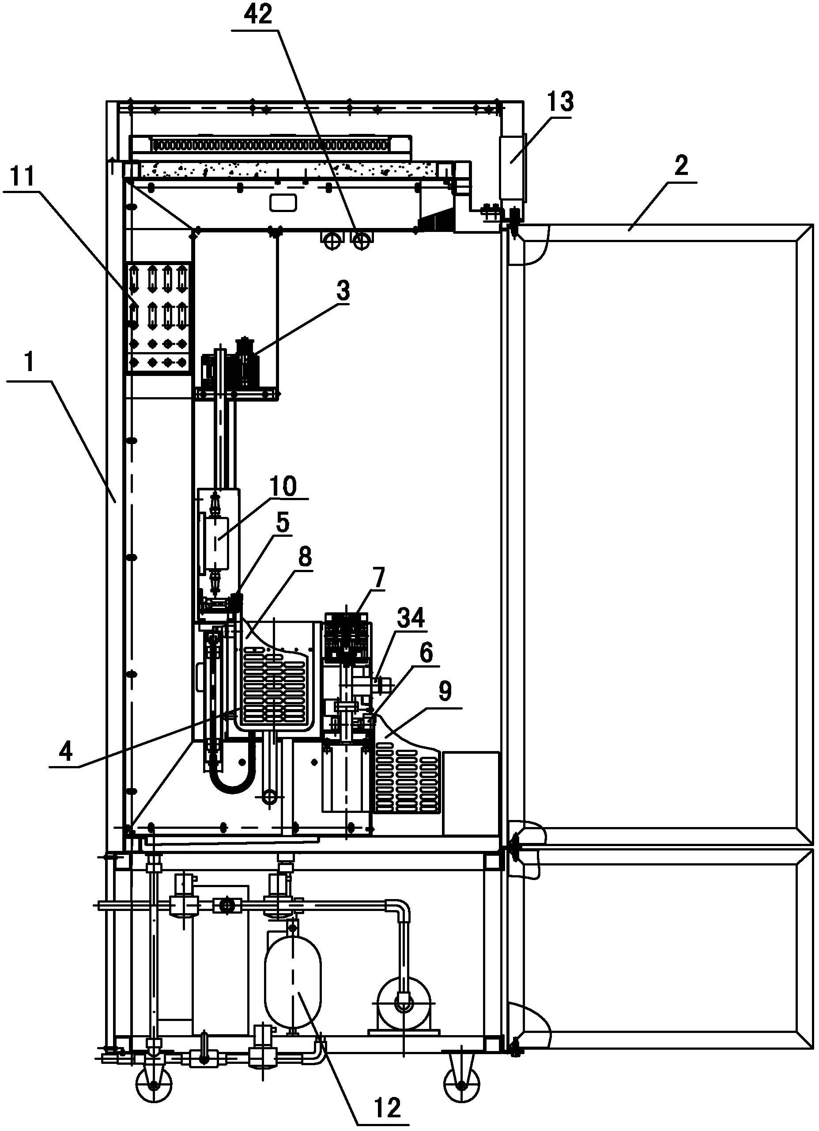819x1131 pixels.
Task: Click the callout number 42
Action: click(258, 15)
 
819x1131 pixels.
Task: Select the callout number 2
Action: click(681, 166)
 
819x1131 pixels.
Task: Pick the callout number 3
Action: click(343, 291)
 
